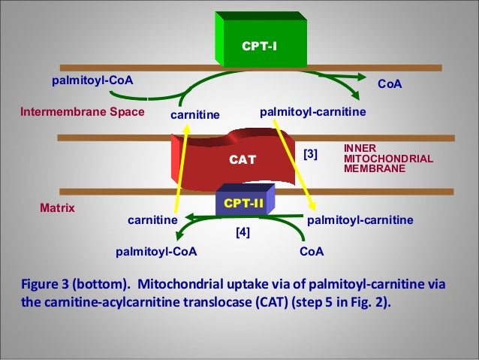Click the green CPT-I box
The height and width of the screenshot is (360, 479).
261,40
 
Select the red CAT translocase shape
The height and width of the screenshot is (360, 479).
233,159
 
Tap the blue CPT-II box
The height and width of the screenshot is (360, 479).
245,200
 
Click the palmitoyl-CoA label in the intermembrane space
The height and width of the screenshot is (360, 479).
92,80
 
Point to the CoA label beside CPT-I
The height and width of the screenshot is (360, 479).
390,84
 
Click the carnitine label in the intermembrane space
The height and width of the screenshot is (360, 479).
195,115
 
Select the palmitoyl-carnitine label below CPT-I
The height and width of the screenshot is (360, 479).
313,112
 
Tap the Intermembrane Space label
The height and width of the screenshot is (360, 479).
83,112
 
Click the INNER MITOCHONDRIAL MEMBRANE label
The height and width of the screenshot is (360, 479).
388,159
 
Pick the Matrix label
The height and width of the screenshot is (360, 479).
57,208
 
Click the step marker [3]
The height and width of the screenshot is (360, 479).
310,154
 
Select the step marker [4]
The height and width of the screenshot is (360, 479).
243,232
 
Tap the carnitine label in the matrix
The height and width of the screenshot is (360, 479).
152,220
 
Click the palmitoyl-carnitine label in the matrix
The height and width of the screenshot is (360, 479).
360,220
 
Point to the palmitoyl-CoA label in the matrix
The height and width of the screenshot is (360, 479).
156,252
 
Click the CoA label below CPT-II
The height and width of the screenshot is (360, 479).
312,252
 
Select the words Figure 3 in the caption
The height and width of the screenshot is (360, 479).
45,284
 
